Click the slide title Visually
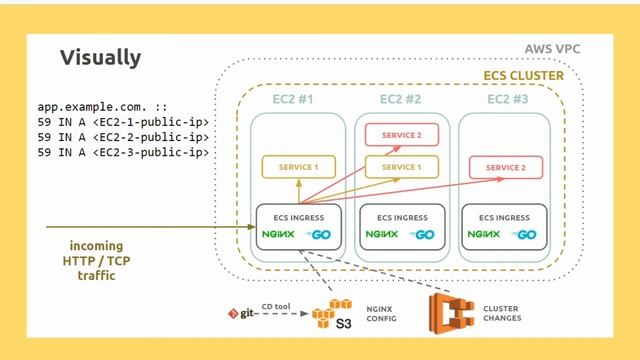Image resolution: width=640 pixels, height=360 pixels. (x=100, y=57)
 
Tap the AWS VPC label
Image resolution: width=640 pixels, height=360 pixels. (x=552, y=49)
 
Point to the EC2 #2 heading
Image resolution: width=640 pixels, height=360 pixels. (x=400, y=100)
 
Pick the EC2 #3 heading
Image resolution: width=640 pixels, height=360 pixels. (x=506, y=100)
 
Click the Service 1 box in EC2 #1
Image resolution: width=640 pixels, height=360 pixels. (x=297, y=167)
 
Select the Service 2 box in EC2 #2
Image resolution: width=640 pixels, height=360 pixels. (x=400, y=135)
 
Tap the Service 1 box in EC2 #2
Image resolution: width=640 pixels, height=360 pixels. (x=400, y=167)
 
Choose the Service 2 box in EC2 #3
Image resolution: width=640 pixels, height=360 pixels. (x=506, y=167)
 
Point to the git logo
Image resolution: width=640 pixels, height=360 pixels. (x=243, y=314)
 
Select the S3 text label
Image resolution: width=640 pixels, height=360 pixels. (x=343, y=324)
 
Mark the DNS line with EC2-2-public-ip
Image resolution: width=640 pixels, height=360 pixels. (x=123, y=137)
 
